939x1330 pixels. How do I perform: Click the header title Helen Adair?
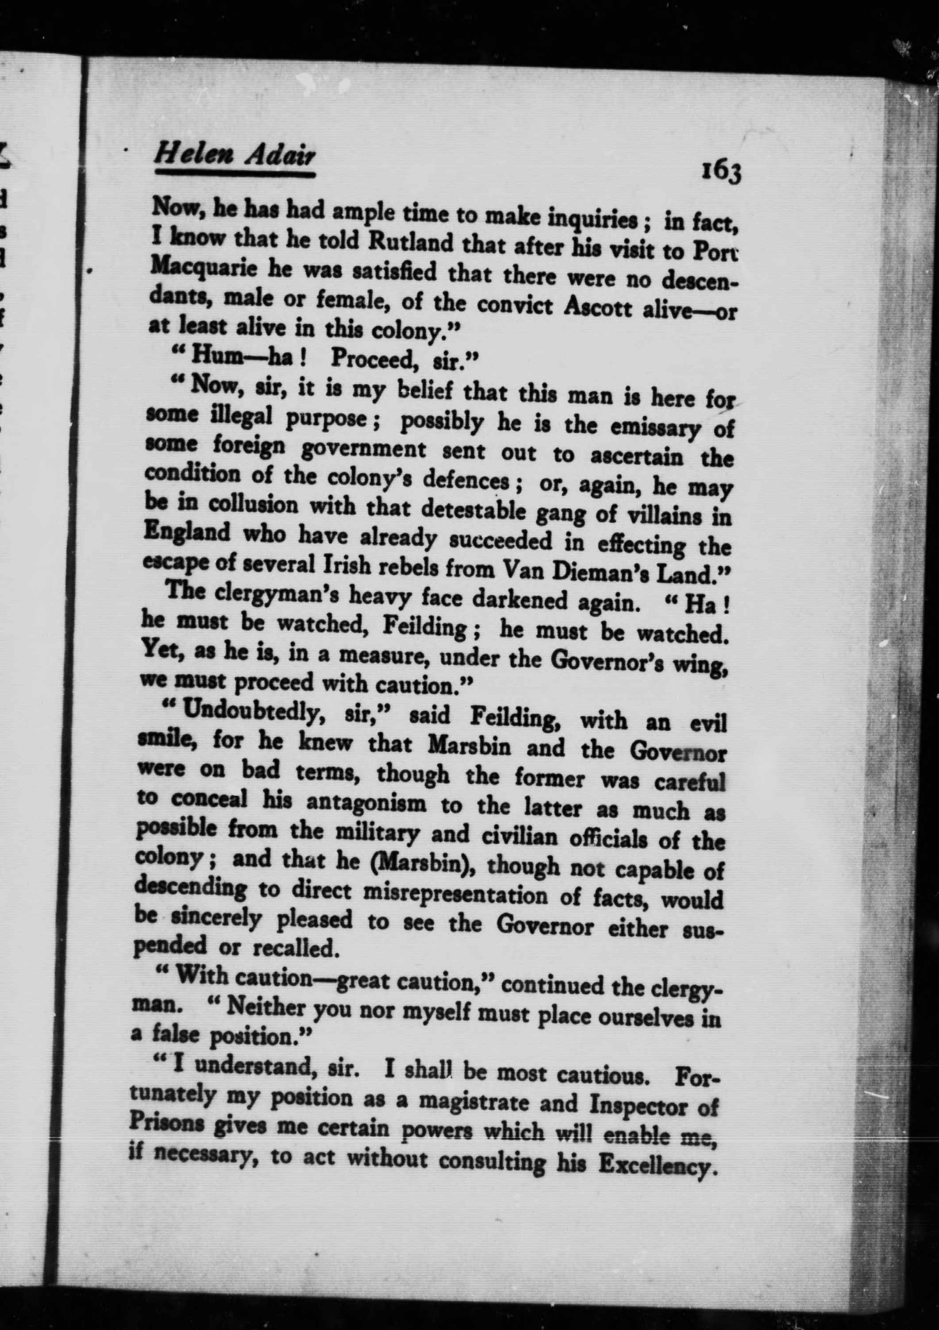point(235,154)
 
